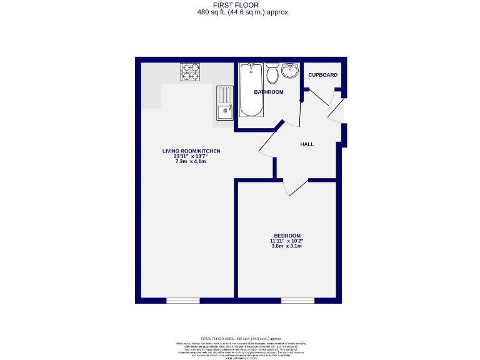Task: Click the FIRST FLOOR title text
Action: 240,5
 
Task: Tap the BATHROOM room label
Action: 268,92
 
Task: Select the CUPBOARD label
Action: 322,75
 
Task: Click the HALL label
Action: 307,144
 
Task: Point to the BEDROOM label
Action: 287,235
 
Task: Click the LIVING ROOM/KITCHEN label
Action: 191,151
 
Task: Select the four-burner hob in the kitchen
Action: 190,72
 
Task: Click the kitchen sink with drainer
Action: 224,103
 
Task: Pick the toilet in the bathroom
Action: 272,74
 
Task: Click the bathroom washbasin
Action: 290,70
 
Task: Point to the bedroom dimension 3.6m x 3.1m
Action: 287,246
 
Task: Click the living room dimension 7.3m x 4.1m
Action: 191,161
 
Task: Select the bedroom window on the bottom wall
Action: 297,301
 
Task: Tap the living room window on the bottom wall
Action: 182,301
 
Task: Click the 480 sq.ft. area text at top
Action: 240,12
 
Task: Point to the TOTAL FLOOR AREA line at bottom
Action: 240,337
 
